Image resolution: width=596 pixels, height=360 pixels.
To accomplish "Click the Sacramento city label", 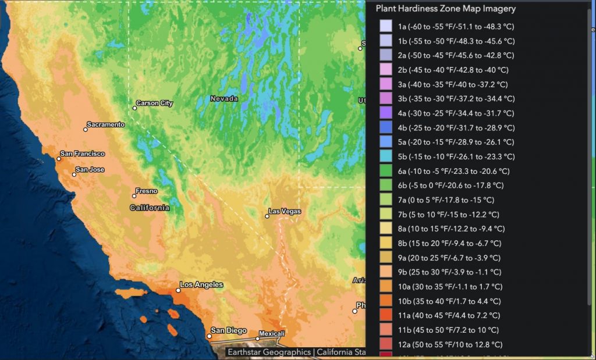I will [105, 124].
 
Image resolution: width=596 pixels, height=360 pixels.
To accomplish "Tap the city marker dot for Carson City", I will [134, 108].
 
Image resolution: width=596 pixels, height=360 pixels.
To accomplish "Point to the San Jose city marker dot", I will [74, 174].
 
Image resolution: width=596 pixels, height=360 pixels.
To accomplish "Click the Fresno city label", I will [146, 191].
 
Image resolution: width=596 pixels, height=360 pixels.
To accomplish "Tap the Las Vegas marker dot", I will [267, 216].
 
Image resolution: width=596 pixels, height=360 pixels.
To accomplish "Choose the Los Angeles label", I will [201, 285].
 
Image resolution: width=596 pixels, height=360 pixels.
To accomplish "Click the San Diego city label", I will [229, 330].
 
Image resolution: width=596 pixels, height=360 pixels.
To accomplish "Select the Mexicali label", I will [272, 334].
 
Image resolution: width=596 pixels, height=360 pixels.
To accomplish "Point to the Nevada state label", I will [224, 99].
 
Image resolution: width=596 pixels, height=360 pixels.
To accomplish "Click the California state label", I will [150, 208].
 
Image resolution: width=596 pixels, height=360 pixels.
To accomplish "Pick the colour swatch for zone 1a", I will [385, 27].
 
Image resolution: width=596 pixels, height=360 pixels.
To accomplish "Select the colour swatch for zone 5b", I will [385, 156].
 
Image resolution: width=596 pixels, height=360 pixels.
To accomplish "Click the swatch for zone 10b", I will [385, 301].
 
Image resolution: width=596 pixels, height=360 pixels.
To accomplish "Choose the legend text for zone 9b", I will [449, 272].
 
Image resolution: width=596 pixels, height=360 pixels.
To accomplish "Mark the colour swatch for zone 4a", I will [385, 113].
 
